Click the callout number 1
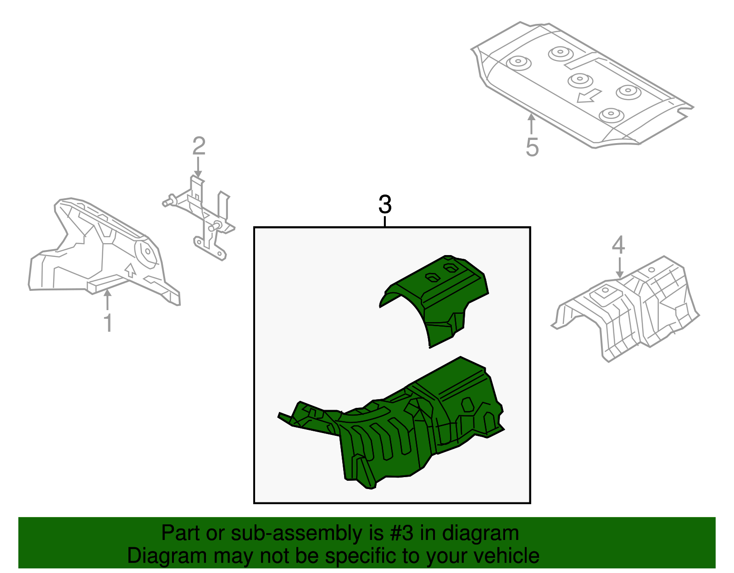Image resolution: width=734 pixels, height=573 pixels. pyautogui.click(x=108, y=323)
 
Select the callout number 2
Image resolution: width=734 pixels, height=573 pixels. pyautogui.click(x=199, y=146)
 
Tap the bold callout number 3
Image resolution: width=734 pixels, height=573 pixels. pyautogui.click(x=385, y=204)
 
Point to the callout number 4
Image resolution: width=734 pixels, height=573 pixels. pyautogui.click(x=618, y=245)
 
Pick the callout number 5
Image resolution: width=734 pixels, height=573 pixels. pyautogui.click(x=532, y=147)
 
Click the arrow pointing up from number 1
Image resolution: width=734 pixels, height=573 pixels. pyautogui.click(x=107, y=300)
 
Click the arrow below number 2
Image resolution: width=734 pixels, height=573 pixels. pyautogui.click(x=198, y=167)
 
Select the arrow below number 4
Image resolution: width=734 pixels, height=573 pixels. pyautogui.click(x=619, y=268)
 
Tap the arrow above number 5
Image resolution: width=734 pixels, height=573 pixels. pyautogui.click(x=531, y=124)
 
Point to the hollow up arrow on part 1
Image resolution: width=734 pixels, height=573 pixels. pyautogui.click(x=130, y=270)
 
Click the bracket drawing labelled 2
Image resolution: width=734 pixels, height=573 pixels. pyautogui.click(x=199, y=218)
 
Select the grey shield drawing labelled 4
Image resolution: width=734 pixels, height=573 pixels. pyautogui.click(x=625, y=309)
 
